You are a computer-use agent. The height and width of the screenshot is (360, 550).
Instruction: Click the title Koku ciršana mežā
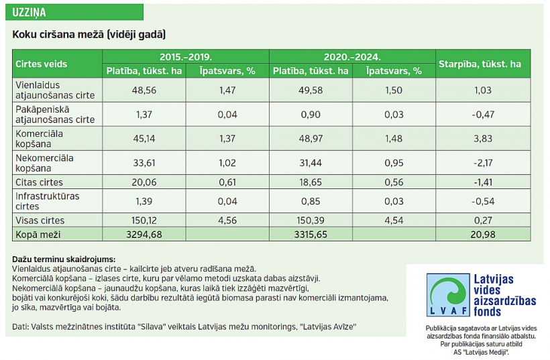pyautogui.click(x=89, y=34)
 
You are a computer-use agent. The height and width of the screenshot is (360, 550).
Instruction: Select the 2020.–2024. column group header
pyautogui.click(x=352, y=57)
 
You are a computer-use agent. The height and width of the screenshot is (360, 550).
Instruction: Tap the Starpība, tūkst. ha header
pyautogui.click(x=480, y=64)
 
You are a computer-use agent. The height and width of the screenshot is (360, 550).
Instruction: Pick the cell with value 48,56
pyautogui.click(x=141, y=89)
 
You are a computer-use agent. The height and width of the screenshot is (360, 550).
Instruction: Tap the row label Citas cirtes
pyautogui.click(x=39, y=182)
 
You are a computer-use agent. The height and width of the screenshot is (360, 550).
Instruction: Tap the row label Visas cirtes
pyautogui.click(x=40, y=221)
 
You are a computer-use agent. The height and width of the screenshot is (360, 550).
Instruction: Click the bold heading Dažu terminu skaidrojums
pyautogui.click(x=64, y=259)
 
